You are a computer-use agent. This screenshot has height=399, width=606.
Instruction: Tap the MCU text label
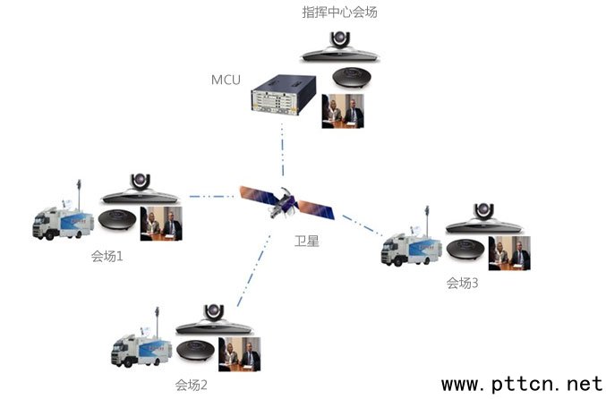coord(226,81)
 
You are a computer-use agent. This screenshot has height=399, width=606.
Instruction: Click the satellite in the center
coord(286,202)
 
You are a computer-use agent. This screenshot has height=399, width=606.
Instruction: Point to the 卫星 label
coord(306,241)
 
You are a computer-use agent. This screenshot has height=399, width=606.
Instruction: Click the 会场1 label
coord(107,255)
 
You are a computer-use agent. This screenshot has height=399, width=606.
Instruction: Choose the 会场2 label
coord(192,386)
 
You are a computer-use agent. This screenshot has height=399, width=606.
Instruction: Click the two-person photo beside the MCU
coord(343,111)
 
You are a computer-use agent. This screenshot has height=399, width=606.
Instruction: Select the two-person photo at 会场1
coord(161,224)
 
